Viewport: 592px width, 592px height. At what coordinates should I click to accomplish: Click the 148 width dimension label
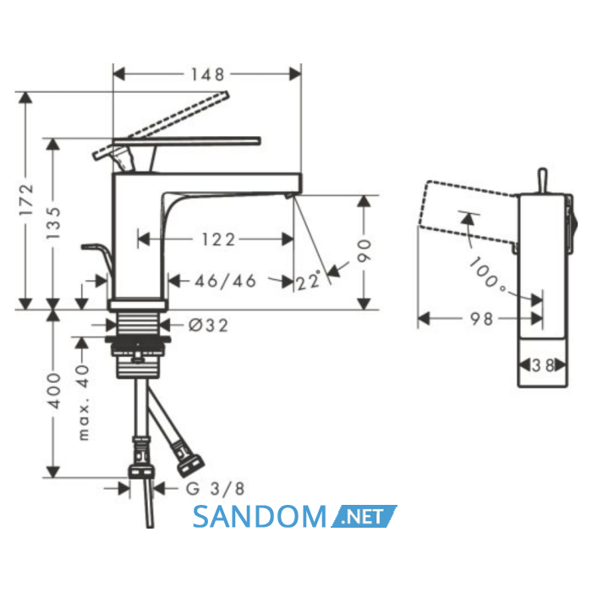click(x=207, y=74)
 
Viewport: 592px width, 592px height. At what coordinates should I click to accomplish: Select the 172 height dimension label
click(x=27, y=200)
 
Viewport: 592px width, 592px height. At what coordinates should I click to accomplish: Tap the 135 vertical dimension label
click(x=53, y=222)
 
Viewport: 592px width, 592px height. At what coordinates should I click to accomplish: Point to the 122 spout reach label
click(x=218, y=239)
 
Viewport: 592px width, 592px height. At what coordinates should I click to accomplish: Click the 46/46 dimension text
click(x=226, y=281)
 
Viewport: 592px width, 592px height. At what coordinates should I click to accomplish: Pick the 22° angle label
click(x=308, y=281)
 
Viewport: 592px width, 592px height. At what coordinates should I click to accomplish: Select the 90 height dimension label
click(x=365, y=250)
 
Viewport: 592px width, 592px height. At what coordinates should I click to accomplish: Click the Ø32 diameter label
click(x=208, y=326)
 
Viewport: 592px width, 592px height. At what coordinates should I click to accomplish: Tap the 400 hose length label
click(x=53, y=391)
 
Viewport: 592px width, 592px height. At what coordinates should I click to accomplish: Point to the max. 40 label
click(x=84, y=403)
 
